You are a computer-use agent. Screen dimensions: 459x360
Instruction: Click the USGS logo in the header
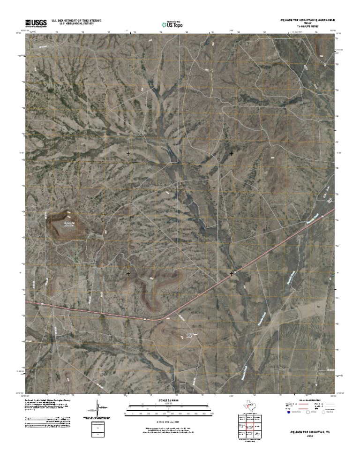(36, 23)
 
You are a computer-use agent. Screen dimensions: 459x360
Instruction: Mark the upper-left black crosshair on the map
(128, 153)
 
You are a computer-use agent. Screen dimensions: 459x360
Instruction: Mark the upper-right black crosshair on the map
(232, 153)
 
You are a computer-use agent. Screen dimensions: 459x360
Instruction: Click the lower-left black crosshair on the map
(128, 273)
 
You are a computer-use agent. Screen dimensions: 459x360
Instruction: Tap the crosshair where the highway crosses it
(232, 273)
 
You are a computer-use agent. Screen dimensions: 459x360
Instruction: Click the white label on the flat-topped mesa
(69, 224)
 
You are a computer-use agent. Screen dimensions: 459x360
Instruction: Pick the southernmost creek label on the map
(243, 374)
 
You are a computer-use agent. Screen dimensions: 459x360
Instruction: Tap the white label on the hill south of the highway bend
(189, 335)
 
